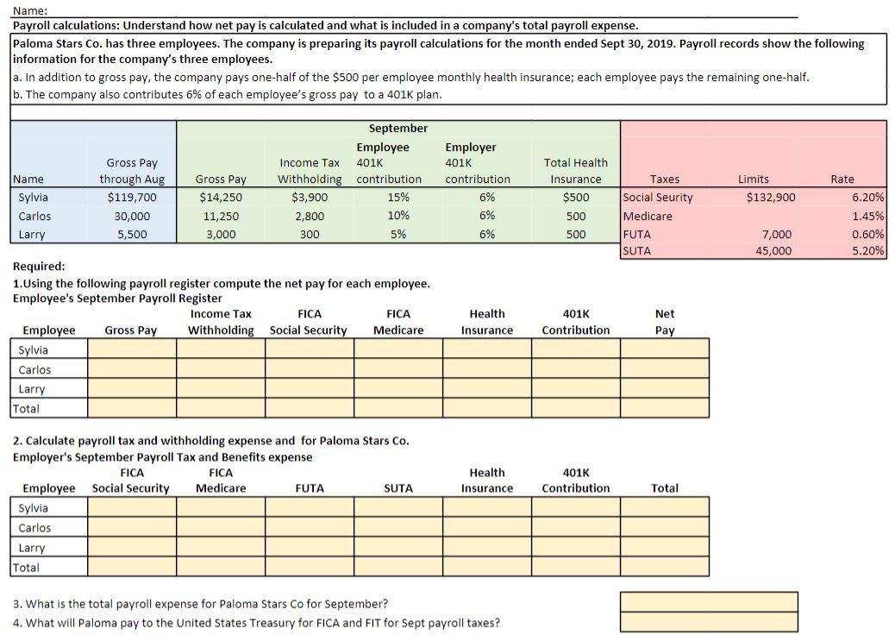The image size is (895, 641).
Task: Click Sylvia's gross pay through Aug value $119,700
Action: [132, 198]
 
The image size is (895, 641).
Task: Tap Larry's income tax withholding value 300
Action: [309, 235]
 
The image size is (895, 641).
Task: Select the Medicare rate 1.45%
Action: [867, 217]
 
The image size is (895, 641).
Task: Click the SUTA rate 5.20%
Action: [867, 251]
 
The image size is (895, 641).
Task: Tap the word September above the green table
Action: [397, 129]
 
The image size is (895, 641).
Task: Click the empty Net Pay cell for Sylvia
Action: [664, 349]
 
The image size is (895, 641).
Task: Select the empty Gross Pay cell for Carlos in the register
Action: [131, 369]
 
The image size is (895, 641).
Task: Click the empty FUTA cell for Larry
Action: [309, 548]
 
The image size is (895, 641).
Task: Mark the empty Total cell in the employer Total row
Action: [664, 568]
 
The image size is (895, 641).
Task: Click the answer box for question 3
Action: [708, 601]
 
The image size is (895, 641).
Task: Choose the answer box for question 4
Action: [708, 622]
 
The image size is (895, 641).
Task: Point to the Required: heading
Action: [39, 267]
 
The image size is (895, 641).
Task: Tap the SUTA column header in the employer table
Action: [397, 488]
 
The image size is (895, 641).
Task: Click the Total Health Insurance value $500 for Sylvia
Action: [575, 198]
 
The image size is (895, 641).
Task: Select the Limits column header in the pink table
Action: [753, 179]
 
